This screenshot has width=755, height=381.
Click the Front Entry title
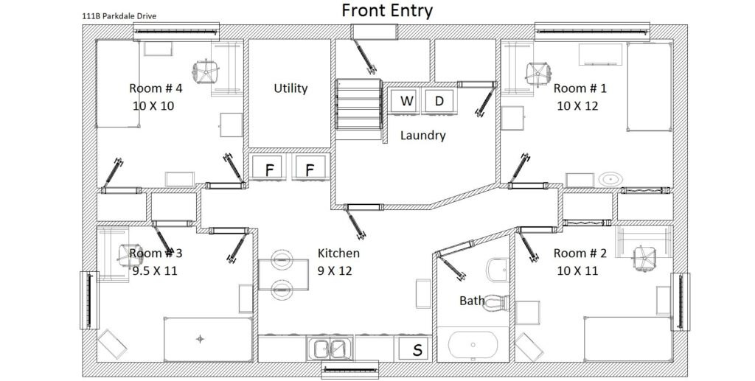(387, 10)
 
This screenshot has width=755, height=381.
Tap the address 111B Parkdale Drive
(119, 16)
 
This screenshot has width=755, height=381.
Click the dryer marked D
(439, 101)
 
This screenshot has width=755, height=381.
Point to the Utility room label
(290, 88)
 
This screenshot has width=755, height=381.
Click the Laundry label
(422, 136)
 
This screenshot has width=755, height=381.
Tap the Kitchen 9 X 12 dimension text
(335, 271)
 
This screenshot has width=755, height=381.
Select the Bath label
(472, 301)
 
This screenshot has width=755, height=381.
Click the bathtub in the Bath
(473, 344)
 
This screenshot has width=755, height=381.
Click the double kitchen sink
(330, 349)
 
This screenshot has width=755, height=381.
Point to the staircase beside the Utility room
(359, 105)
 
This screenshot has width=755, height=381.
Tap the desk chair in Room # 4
(206, 72)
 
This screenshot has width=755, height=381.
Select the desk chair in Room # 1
(537, 73)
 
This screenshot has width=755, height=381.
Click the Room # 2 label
(580, 253)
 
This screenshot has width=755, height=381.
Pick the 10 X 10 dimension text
(153, 106)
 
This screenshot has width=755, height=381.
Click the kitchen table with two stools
(283, 275)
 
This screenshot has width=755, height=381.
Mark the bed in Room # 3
(208, 339)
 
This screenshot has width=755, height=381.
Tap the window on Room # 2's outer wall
(681, 301)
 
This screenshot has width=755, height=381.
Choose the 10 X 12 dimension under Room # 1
(577, 106)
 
